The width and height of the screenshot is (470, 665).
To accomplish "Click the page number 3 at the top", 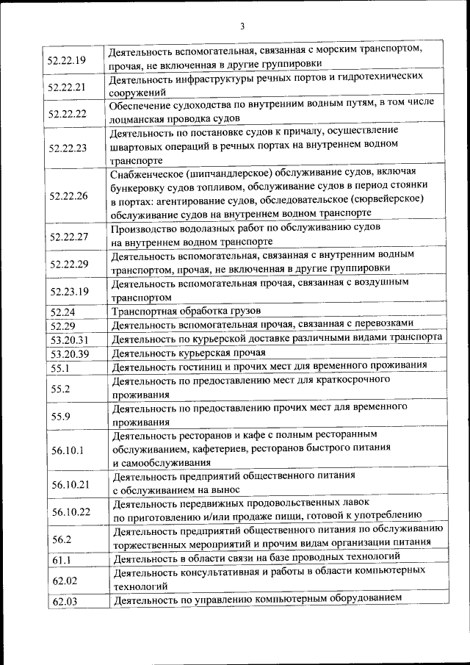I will point(242,27).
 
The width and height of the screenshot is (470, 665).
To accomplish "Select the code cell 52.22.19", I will point(66,60).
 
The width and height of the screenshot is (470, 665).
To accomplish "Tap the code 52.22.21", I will point(66,87).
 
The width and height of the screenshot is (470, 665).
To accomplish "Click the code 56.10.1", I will point(66,450).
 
